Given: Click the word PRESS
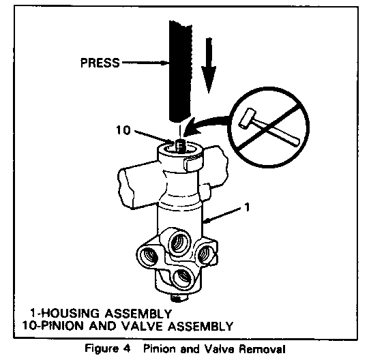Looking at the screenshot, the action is click(100, 63).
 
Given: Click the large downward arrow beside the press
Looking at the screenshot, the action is click(209, 65).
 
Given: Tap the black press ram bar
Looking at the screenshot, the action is click(180, 71).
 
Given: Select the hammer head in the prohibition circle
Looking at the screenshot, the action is click(248, 118).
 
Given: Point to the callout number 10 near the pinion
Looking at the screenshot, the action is click(123, 130).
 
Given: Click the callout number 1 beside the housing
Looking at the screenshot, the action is click(246, 207).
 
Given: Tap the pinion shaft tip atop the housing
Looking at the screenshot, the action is click(181, 145).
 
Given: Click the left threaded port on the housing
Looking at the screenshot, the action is click(149, 256).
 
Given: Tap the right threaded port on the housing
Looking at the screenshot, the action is click(205, 254).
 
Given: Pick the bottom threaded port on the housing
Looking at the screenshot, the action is click(184, 279).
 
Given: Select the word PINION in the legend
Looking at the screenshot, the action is click(62, 326).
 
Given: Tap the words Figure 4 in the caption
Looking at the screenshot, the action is click(107, 348).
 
